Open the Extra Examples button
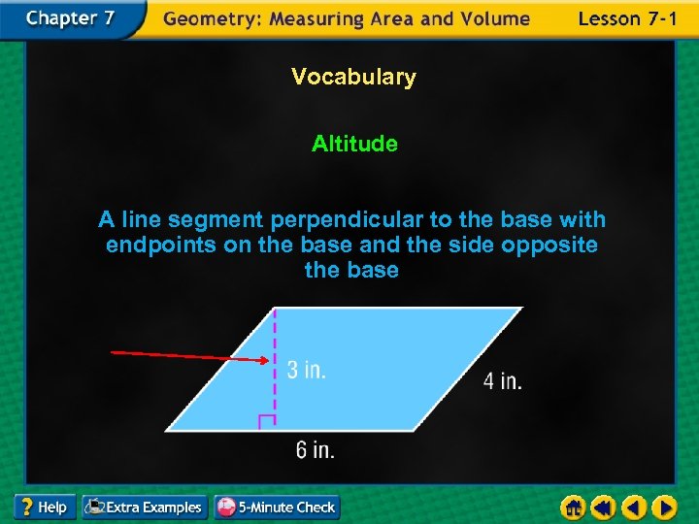pos(145,507)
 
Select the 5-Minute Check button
pos(277,507)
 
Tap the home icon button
pos(574,507)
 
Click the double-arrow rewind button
pos(604,507)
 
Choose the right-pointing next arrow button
pos(664,507)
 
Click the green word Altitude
pos(354,144)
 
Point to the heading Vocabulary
pos(353,77)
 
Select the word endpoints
pos(161,246)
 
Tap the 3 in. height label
pos(306,370)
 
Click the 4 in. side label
pos(503,381)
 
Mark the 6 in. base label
pos(316,450)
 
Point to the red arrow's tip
pos(268,360)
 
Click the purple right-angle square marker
pos(267,422)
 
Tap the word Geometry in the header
pos(206,18)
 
